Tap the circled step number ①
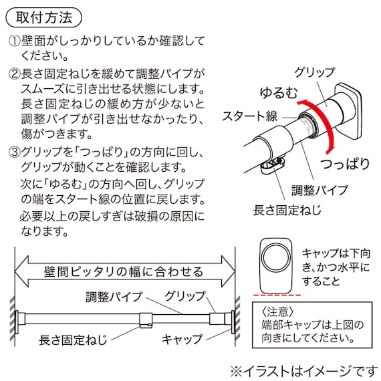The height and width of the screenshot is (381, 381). (x=15, y=41)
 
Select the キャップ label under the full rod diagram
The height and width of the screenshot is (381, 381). (x=182, y=339)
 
